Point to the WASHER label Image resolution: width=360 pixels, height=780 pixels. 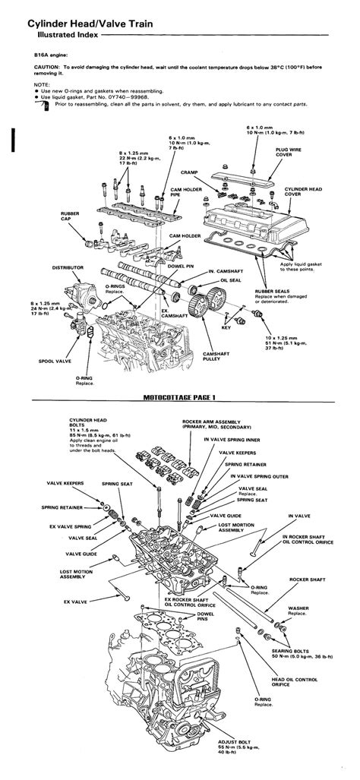pos(298,608)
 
